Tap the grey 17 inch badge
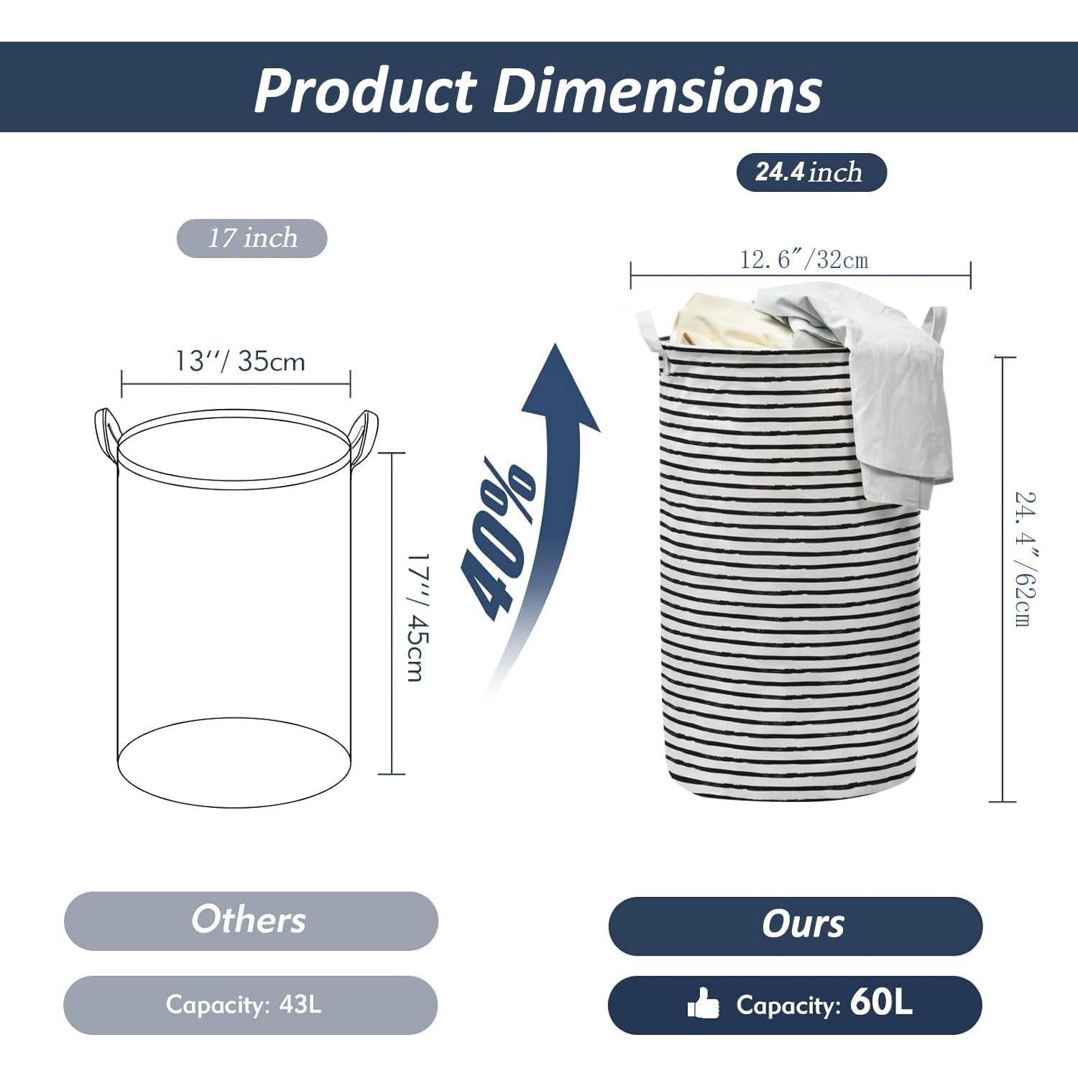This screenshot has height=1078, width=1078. (252, 238)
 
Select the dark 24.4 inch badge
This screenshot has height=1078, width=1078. (811, 172)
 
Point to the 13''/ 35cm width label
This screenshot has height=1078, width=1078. (241, 361)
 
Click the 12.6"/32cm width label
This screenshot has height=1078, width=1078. (804, 259)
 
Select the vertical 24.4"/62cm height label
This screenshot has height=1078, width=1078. (1026, 558)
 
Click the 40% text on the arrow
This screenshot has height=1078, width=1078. (499, 538)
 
